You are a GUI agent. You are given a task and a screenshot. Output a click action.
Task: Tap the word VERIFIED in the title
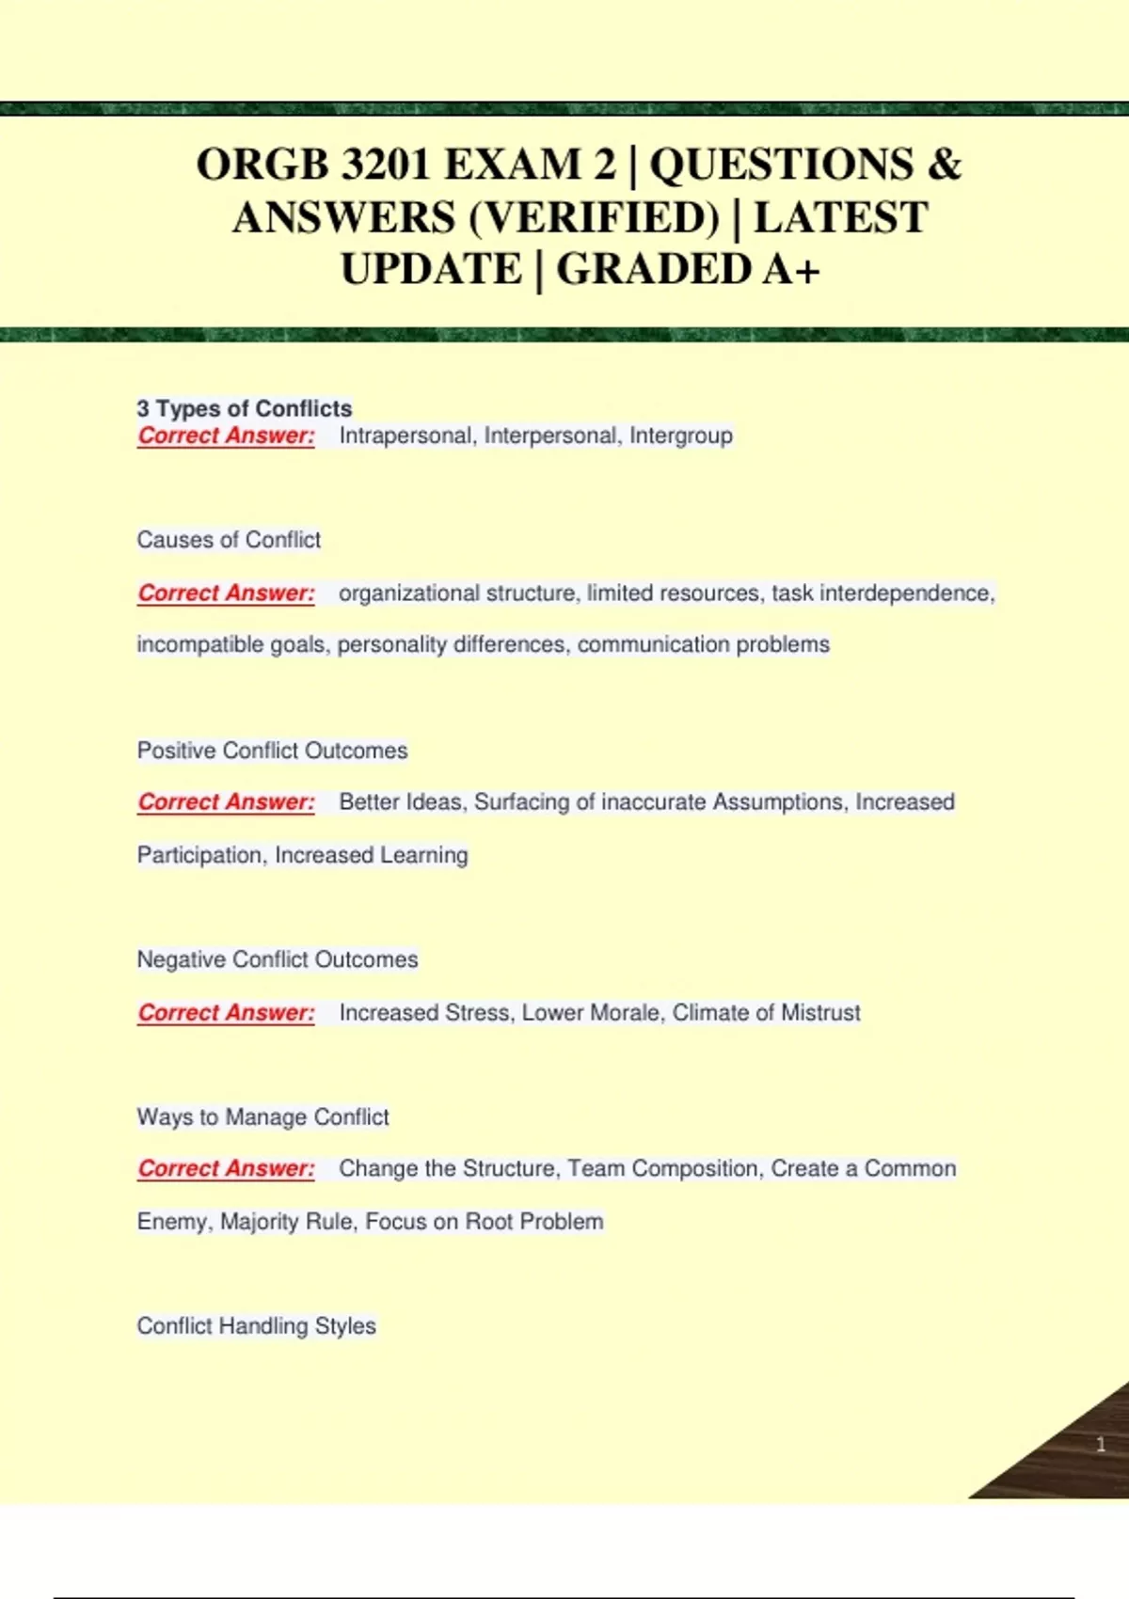(x=593, y=218)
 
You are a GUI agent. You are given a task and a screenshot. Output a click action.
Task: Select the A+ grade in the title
(x=791, y=270)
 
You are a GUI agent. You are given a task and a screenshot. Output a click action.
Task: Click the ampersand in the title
(x=944, y=166)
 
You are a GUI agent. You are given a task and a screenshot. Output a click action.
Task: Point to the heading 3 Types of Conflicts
(x=244, y=408)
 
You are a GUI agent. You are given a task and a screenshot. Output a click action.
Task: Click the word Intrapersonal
(x=405, y=435)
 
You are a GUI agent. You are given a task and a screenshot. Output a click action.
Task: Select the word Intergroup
(x=680, y=435)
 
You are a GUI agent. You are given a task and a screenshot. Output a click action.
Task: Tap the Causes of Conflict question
(x=229, y=540)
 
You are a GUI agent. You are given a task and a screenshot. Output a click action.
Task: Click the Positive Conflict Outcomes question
(x=272, y=751)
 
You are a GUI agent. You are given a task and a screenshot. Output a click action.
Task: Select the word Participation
(x=199, y=855)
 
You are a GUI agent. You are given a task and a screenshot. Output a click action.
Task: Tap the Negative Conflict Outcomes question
(x=278, y=959)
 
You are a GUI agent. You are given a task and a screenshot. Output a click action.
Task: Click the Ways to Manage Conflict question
(x=262, y=1117)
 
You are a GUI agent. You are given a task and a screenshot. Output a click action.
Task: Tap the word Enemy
(x=173, y=1222)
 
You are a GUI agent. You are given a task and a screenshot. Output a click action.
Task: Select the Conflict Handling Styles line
(x=256, y=1326)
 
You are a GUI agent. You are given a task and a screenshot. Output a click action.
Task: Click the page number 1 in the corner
(x=1100, y=1445)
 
